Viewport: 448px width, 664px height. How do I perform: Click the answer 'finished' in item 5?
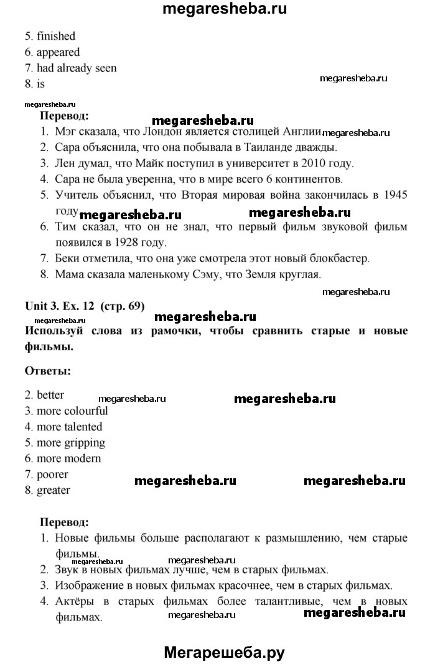click(x=55, y=36)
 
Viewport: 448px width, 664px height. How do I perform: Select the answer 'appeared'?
click(x=58, y=52)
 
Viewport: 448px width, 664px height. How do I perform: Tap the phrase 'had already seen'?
click(x=77, y=68)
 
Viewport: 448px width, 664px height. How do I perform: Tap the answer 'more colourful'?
click(x=72, y=411)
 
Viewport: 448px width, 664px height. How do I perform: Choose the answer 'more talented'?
click(x=69, y=427)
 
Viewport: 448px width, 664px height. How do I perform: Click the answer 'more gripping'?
click(x=70, y=443)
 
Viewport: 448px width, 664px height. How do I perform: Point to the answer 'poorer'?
click(x=52, y=475)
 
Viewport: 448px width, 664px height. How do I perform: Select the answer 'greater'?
click(x=53, y=490)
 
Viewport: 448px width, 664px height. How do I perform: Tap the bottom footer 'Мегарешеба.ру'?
click(x=225, y=652)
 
